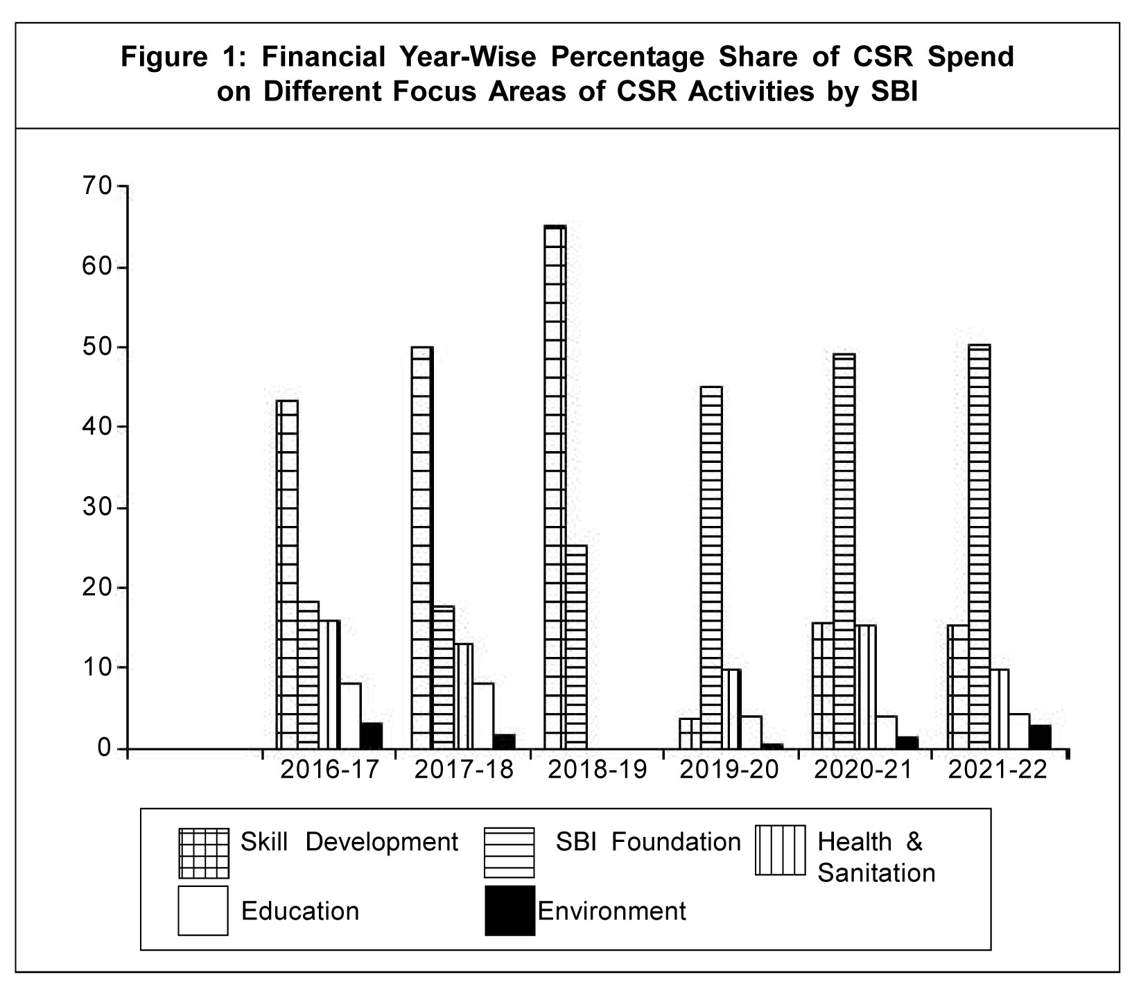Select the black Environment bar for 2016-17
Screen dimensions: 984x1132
[x=372, y=735]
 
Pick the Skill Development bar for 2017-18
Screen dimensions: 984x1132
[x=422, y=547]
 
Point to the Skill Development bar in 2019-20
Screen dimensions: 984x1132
[x=689, y=733]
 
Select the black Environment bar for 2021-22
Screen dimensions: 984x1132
[x=1040, y=737]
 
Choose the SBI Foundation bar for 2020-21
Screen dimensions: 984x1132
[x=844, y=551]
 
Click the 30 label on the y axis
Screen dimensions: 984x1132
[x=95, y=508]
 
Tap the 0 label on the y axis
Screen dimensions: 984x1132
[x=103, y=748]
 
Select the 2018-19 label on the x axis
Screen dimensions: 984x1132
[x=596, y=770]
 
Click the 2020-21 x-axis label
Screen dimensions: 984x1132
[x=863, y=770]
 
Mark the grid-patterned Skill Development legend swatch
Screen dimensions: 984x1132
[x=203, y=852]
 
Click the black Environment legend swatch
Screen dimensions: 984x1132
[x=510, y=911]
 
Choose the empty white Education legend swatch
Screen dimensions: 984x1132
[x=203, y=911]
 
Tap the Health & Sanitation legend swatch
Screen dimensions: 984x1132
[x=780, y=850]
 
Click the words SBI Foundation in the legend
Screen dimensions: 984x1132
[x=648, y=842]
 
